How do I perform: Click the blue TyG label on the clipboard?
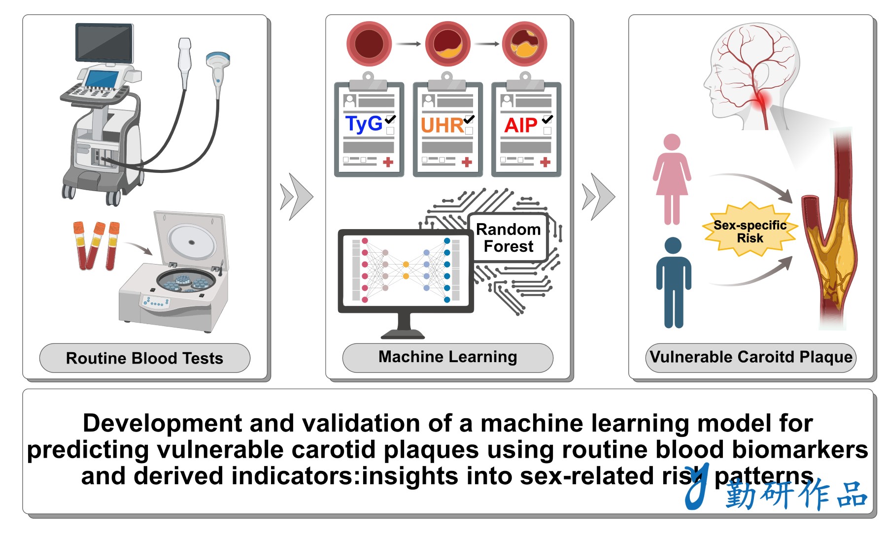(x=364, y=124)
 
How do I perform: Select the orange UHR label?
(x=442, y=126)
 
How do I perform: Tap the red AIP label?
(x=521, y=126)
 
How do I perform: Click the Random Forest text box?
(x=508, y=237)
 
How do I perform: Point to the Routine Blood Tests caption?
(x=144, y=358)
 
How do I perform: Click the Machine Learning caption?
(x=447, y=357)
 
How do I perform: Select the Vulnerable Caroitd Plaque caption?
(x=751, y=357)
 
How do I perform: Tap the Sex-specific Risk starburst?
(x=750, y=231)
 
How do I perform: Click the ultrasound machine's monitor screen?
(x=104, y=42)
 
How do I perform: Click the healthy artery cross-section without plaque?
(x=369, y=44)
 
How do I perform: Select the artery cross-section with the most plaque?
(x=524, y=44)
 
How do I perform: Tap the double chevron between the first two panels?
(x=297, y=197)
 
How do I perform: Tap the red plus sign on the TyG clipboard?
(x=388, y=162)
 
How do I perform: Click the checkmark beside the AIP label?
(x=547, y=119)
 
